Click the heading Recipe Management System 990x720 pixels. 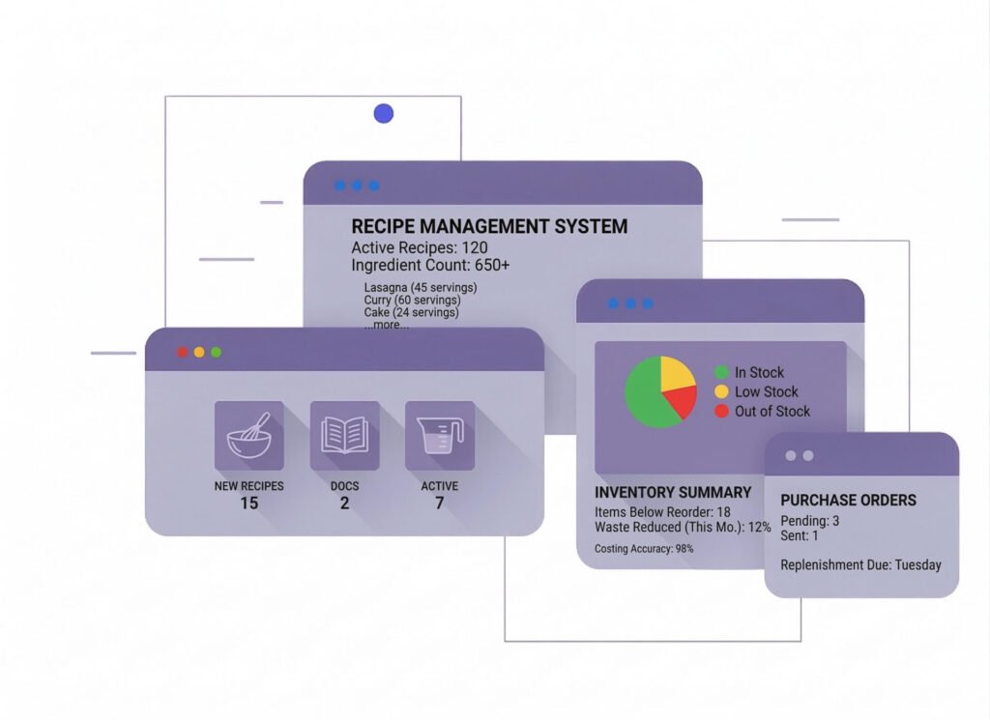click(x=489, y=227)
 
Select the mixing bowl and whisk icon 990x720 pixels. click(x=248, y=436)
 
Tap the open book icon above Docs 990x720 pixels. click(x=344, y=436)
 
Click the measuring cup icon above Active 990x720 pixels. click(x=440, y=436)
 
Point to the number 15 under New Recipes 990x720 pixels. click(x=248, y=504)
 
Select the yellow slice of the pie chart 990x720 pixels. click(x=676, y=372)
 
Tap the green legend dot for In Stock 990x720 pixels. click(x=721, y=372)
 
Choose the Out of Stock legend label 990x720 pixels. click(x=772, y=411)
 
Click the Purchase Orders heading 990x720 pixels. click(x=848, y=501)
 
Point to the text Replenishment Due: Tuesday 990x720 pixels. click(x=860, y=564)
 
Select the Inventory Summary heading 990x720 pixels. click(x=673, y=493)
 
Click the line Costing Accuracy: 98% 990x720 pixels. click(x=644, y=549)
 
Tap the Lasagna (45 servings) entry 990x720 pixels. click(x=421, y=288)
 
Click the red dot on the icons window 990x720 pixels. click(x=182, y=353)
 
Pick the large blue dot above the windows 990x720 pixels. click(x=384, y=114)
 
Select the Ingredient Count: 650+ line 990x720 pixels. click(x=430, y=265)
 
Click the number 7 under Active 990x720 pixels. click(x=439, y=504)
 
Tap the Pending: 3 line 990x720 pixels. click(x=810, y=521)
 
